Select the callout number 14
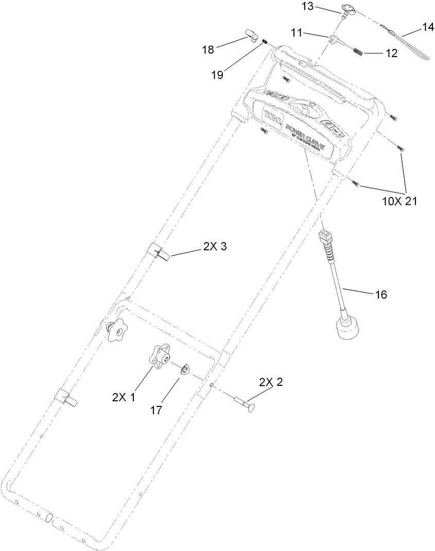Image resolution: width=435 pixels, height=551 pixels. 428,28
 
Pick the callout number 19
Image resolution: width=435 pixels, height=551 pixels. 217,75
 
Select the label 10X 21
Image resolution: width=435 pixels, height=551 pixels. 399,201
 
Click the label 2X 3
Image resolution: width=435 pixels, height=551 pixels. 215,247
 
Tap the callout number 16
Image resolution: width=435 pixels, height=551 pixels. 380,295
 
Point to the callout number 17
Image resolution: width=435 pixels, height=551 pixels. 156,410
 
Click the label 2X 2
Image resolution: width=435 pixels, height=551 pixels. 271,382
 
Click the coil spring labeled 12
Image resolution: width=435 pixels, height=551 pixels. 359,50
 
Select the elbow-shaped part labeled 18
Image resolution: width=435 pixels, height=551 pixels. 252,37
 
